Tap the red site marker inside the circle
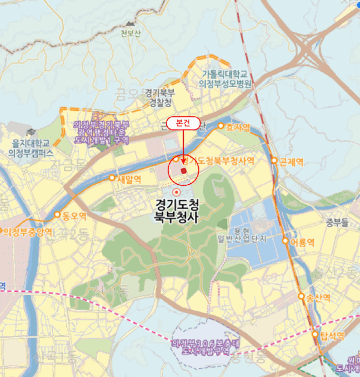pyautogui.click(x=183, y=171)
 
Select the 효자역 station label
pyautogui.click(x=238, y=127)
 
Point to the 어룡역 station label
pyautogui.click(x=301, y=241)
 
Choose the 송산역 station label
pyautogui.click(x=317, y=297)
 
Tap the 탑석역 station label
pyautogui.click(x=331, y=335)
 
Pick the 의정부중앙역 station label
pyautogui.click(x=28, y=232)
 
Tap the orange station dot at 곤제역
pyautogui.click(x=274, y=160)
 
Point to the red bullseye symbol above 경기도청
pyautogui.click(x=175, y=192)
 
